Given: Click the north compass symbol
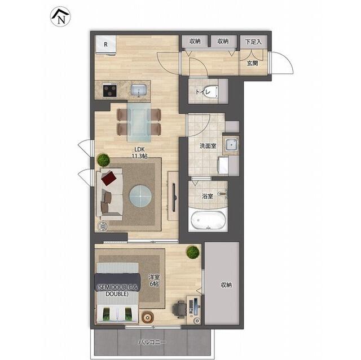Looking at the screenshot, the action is (60, 16).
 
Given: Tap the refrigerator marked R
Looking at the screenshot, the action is (105, 45).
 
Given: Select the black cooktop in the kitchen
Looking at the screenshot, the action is (110, 90).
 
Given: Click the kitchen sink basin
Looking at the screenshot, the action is (139, 90).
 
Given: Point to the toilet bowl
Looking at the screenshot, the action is (213, 92).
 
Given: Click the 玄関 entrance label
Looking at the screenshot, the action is (252, 63).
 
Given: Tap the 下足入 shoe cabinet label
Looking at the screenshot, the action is (253, 42).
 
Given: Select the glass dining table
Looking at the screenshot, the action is (139, 122).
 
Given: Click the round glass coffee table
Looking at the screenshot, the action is (140, 196).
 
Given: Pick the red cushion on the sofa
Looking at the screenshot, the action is (109, 178).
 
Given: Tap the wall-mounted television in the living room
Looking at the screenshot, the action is (174, 197).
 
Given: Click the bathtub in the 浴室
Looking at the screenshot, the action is (208, 220).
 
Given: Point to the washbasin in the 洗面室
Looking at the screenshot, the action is (231, 145).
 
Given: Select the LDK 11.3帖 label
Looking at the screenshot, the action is (139, 153).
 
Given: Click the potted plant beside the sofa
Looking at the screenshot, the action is (103, 160).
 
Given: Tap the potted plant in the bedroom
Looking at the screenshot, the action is (193, 252).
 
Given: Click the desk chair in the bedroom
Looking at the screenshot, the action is (179, 309).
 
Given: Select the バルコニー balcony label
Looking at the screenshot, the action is (152, 343).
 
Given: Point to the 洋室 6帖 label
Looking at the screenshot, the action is (154, 281).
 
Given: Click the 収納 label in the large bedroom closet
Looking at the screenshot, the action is (226, 285).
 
